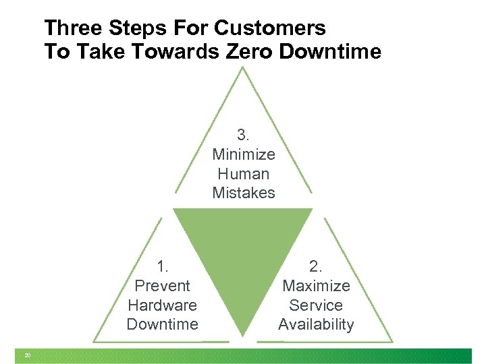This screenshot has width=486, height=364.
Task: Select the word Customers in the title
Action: click(269, 28)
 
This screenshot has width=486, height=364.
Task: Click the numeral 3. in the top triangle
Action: click(244, 135)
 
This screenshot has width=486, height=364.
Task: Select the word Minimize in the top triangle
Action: click(244, 154)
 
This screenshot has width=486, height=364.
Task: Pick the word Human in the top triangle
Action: click(244, 174)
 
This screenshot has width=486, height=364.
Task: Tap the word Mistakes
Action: click(244, 193)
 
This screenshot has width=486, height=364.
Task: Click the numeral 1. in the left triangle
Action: click(163, 267)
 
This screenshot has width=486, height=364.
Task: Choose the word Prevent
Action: click(163, 286)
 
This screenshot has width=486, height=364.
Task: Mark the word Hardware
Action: click(163, 305)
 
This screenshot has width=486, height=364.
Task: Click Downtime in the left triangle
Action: click(163, 324)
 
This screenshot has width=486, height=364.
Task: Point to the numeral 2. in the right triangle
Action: click(316, 267)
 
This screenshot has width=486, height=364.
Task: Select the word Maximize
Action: click(316, 286)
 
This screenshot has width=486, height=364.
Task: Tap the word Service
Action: click(316, 305)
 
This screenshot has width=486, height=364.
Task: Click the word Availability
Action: click(316, 324)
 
